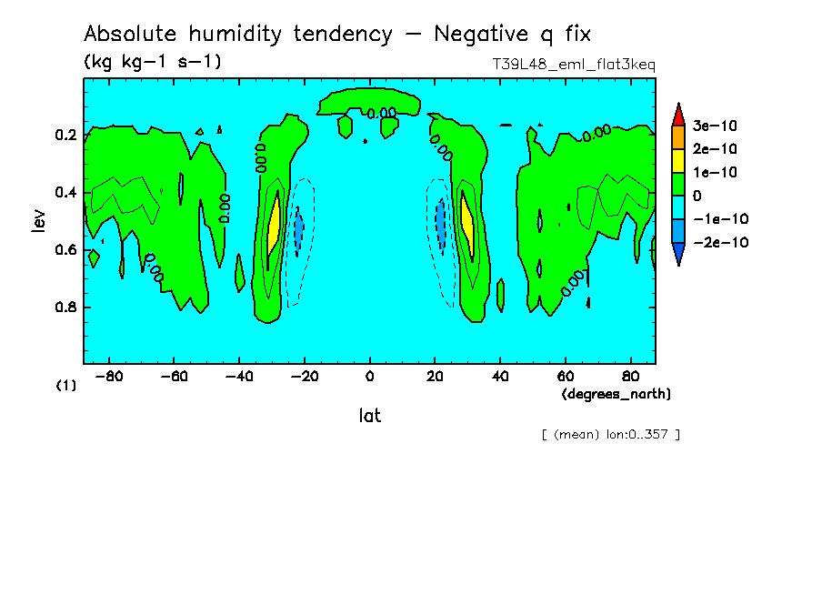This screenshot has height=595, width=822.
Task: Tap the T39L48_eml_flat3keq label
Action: (573, 66)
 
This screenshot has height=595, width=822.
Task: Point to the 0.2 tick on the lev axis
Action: (65, 136)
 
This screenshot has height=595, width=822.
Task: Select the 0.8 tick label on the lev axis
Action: (65, 308)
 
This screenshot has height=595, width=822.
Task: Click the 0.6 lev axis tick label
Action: (65, 250)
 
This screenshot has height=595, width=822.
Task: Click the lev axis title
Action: (37, 220)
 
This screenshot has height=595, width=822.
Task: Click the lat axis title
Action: (369, 416)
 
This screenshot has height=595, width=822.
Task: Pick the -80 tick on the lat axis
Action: (109, 375)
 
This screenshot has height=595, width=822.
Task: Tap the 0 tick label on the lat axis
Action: (369, 375)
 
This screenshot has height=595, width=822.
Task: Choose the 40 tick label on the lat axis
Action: (500, 375)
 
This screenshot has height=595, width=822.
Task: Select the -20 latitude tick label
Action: (304, 375)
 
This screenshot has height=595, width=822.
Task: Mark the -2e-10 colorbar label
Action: (720, 243)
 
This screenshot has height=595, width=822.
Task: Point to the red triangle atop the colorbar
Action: (677, 114)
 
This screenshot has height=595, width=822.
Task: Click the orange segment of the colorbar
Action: (677, 136)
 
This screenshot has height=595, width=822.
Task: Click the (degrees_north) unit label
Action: (616, 394)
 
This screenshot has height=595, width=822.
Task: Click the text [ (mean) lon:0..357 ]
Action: (610, 434)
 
